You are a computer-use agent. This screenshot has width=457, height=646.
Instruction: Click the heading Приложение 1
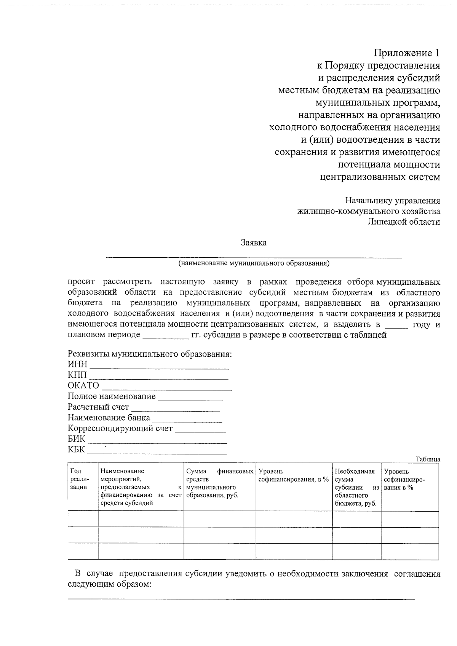[406, 53]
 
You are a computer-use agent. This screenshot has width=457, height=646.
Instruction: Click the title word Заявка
[254, 243]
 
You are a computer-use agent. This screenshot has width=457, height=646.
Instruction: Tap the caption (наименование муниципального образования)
[254, 263]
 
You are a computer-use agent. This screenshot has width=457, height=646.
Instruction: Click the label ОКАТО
[83, 386]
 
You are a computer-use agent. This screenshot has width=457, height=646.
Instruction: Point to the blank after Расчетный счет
[175, 410]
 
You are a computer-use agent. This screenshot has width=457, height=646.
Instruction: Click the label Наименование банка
[109, 418]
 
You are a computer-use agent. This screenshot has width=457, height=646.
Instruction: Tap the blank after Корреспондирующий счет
[200, 431]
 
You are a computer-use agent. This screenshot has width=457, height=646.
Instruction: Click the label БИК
[77, 439]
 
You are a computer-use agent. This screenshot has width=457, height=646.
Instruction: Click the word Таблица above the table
[428, 459]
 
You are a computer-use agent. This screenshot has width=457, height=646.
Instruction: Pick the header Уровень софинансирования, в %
[293, 476]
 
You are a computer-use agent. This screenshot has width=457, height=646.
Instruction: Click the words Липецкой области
[404, 222]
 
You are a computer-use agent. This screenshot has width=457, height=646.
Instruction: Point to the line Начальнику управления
[393, 201]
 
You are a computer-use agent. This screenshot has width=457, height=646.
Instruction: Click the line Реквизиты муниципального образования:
[150, 354]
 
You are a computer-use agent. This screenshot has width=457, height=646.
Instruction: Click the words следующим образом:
[110, 584]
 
